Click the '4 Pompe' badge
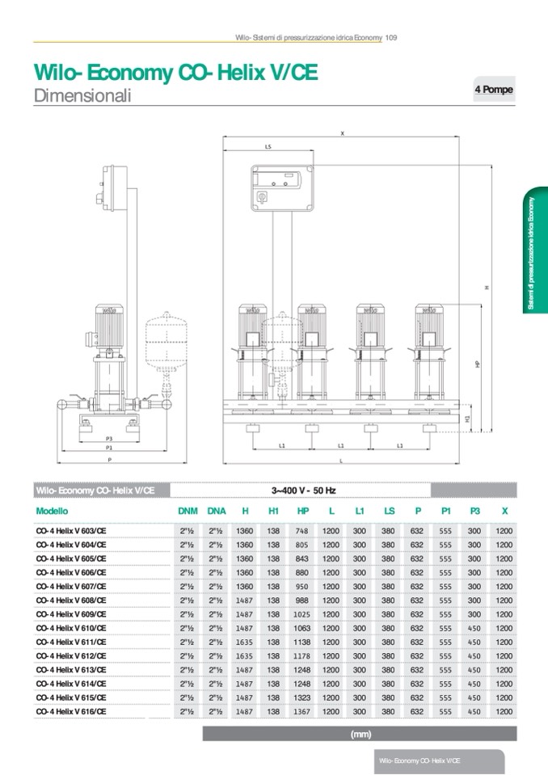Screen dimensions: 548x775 (x=494, y=90)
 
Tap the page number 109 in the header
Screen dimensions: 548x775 (x=391, y=37)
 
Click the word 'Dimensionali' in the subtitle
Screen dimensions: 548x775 (x=82, y=95)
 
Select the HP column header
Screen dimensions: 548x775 (x=303, y=511)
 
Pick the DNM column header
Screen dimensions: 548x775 (x=188, y=511)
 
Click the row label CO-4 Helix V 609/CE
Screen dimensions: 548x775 (x=71, y=614)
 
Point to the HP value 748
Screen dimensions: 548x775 (x=302, y=531)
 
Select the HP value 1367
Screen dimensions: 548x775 (x=302, y=712)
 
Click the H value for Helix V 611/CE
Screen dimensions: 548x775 (x=245, y=642)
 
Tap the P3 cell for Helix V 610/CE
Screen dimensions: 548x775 (x=474, y=628)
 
